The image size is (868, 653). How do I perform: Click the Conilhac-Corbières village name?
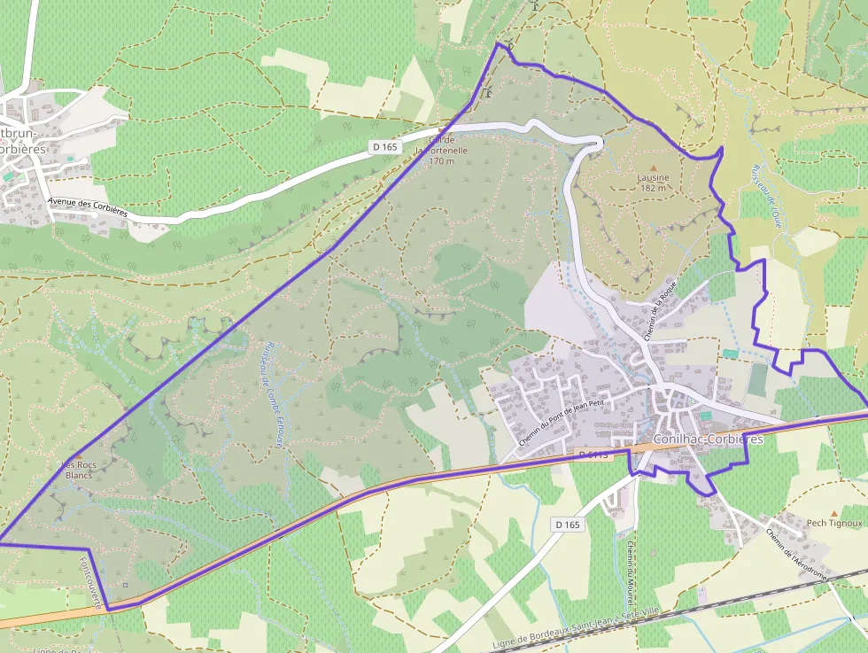[708, 439]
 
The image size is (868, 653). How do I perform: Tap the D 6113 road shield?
[594, 455]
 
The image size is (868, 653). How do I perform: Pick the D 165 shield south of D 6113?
[568, 525]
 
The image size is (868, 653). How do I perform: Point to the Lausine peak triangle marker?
[654, 167]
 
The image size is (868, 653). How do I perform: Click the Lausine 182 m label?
[654, 183]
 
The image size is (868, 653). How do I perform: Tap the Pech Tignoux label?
[834, 523]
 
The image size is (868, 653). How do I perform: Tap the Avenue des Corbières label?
[89, 207]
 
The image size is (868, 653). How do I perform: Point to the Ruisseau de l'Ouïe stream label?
[768, 195]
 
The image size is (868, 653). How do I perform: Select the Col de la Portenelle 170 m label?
[440, 150]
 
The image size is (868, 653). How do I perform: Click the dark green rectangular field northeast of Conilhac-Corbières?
[757, 379]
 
